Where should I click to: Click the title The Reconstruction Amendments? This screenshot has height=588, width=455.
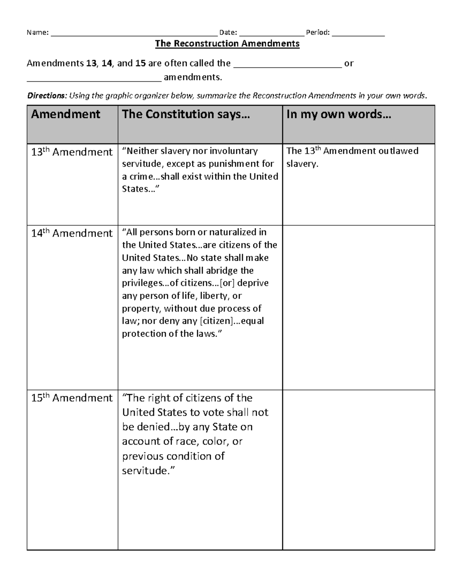[227, 44]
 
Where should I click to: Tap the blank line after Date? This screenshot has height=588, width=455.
[271, 34]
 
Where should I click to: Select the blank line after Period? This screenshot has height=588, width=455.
[358, 34]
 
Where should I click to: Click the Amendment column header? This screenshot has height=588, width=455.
[66, 114]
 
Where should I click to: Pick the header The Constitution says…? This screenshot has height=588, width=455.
[186, 114]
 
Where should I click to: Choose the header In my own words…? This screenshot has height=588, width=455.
[339, 114]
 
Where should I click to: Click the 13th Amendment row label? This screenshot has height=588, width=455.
[72, 152]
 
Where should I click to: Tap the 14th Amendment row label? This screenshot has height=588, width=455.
[72, 233]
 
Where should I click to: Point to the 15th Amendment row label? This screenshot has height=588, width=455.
[72, 398]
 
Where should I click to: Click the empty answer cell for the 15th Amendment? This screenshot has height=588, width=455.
[359, 469]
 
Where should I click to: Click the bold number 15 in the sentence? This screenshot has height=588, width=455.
[140, 63]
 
